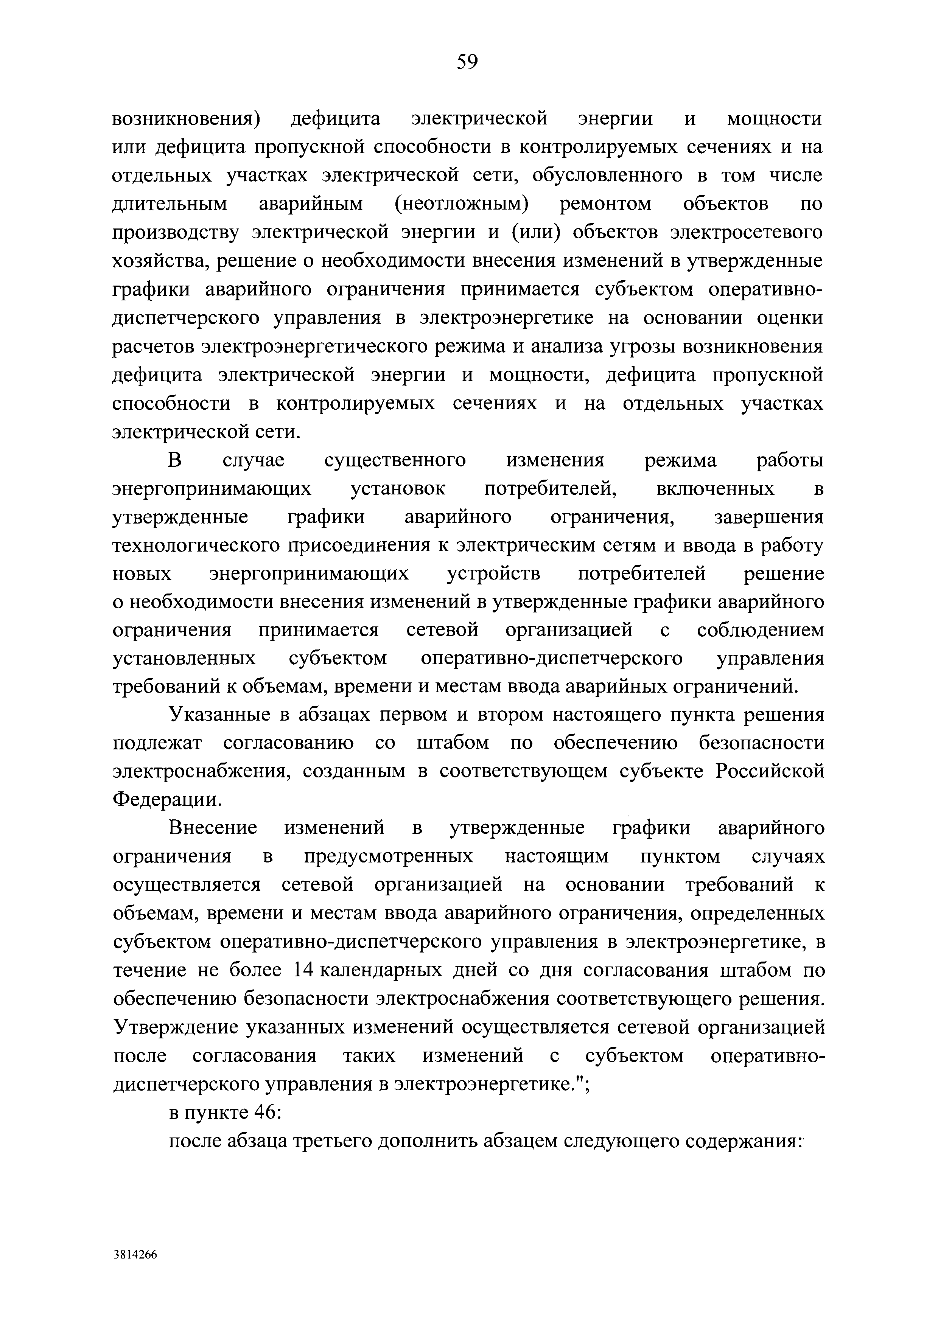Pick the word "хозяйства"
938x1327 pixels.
[156, 261]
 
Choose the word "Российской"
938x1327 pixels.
[770, 772]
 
